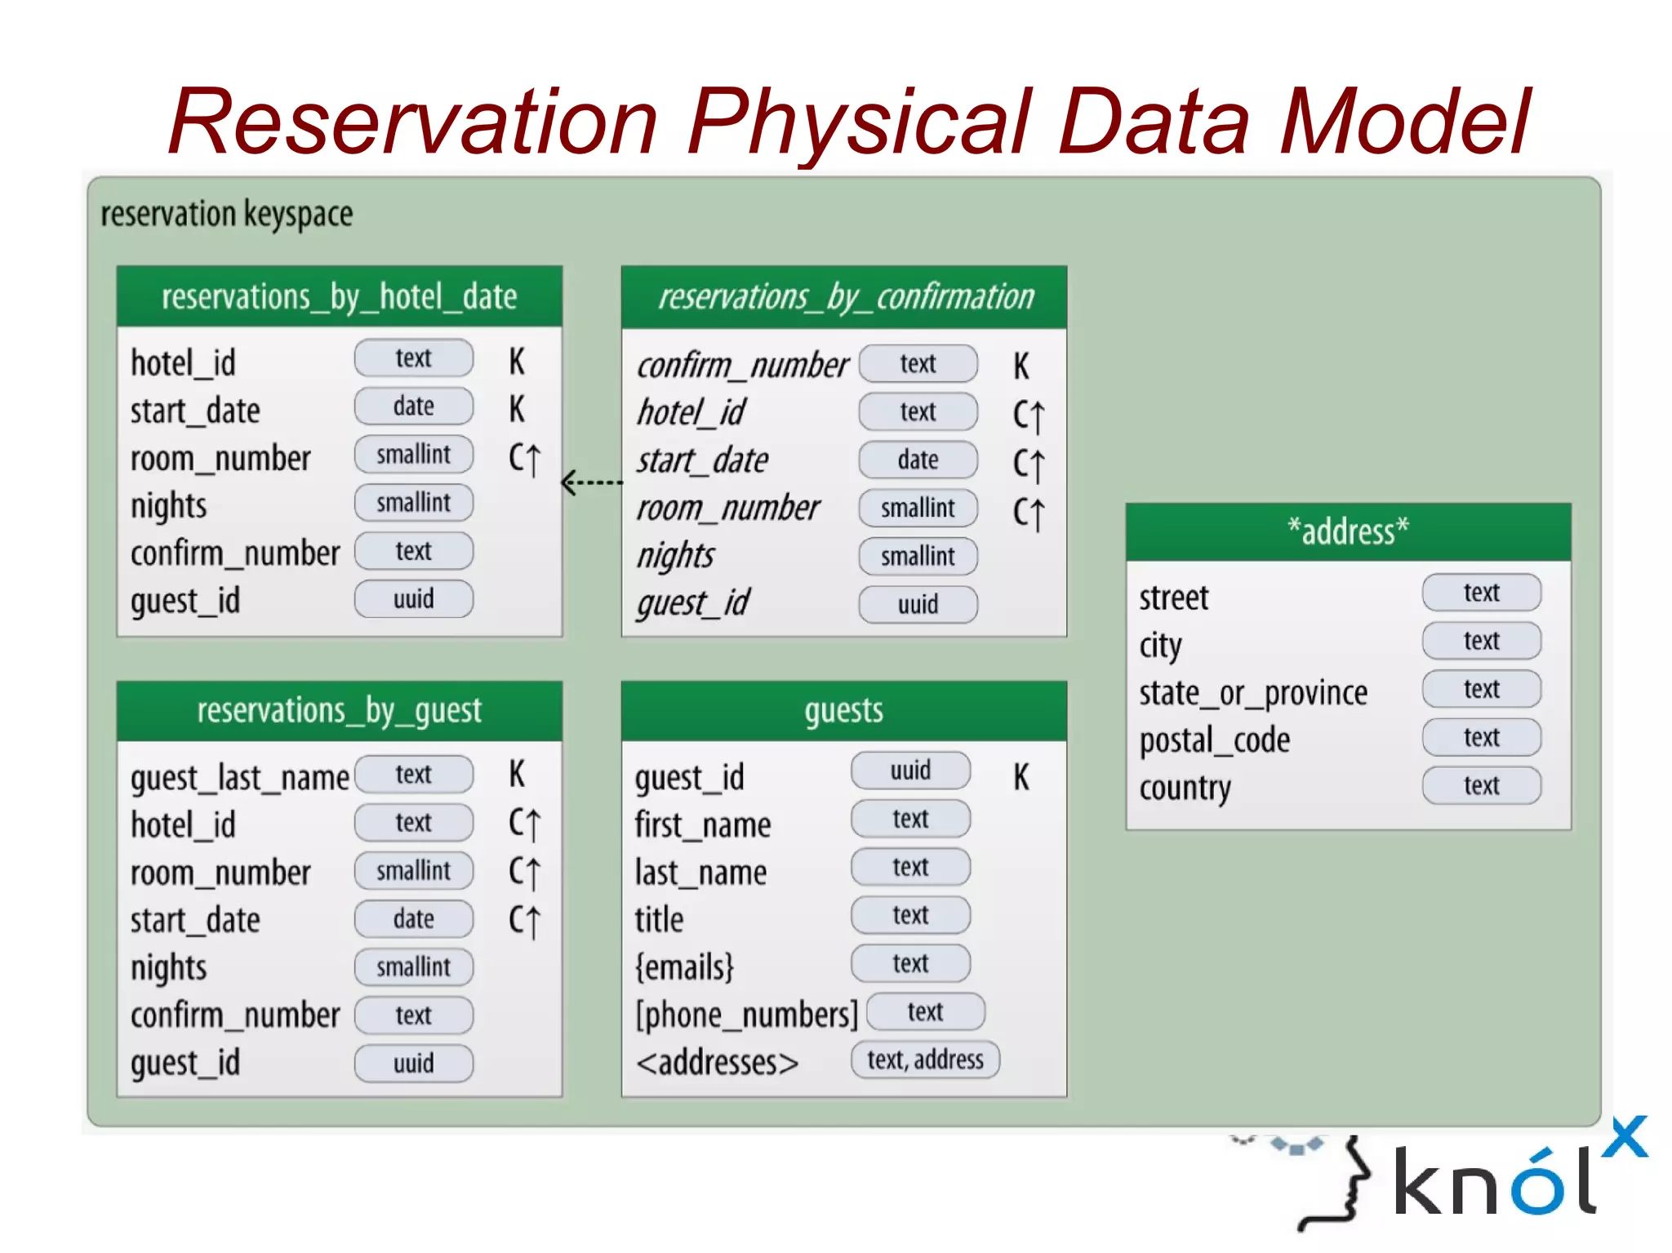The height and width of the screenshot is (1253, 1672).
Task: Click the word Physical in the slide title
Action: coord(861,122)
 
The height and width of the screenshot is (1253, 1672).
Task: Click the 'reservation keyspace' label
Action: coord(227,214)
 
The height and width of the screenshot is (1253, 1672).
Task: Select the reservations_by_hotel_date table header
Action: coord(339,296)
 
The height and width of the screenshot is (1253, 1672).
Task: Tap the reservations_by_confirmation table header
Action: coord(845,297)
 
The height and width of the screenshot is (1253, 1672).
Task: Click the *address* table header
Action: coord(1348,531)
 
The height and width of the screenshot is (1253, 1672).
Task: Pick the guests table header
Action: coord(843,710)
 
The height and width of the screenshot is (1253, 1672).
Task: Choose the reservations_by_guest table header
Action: coord(339,710)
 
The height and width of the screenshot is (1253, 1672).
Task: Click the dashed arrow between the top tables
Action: coord(592,482)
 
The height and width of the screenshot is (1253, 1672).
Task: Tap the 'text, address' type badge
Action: coord(925,1060)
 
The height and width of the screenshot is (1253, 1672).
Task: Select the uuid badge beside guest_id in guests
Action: coord(910,770)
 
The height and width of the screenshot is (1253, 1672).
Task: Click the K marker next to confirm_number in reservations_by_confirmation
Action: coord(1021,366)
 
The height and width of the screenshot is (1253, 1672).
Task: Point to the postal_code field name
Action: coord(1214,740)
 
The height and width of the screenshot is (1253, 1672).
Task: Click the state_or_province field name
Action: coord(1253,693)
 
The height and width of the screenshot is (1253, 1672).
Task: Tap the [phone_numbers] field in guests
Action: coord(746,1015)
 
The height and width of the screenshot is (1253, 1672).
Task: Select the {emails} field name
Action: coord(684,967)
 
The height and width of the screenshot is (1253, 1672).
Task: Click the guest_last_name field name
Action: coord(239,777)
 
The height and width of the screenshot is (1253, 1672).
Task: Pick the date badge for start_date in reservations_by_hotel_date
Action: coord(413,406)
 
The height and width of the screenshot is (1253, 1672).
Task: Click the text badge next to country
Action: coord(1481,785)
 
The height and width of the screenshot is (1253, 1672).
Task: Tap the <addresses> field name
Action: coord(717,1062)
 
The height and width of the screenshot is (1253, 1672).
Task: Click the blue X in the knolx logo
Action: coord(1625,1136)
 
